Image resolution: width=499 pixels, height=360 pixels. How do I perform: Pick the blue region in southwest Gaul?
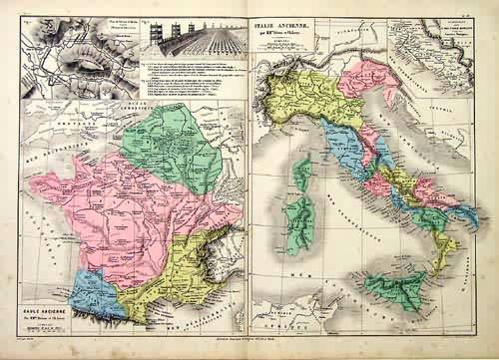(95, 292)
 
